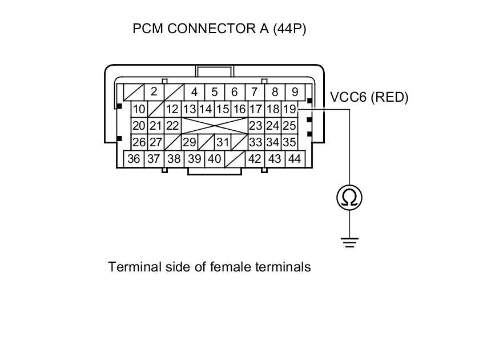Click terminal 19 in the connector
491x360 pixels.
tap(289, 109)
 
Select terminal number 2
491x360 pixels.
tap(154, 91)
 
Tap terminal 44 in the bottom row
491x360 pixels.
tap(295, 159)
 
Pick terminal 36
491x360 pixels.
tap(134, 159)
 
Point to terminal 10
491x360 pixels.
tap(139, 109)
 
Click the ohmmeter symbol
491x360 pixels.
tap(349, 198)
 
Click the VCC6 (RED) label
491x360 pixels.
tap(369, 98)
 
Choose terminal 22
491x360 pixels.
tap(172, 126)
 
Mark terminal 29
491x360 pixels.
tap(189, 142)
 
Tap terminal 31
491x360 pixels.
tap(223, 142)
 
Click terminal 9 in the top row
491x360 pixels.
tap(295, 91)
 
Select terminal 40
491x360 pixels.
tap(214, 159)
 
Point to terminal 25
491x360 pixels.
tap(289, 126)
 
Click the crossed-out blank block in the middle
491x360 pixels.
tap(214, 126)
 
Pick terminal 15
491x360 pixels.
tap(223, 109)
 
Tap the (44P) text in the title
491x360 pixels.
tap(289, 29)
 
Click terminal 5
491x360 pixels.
tap(214, 91)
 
